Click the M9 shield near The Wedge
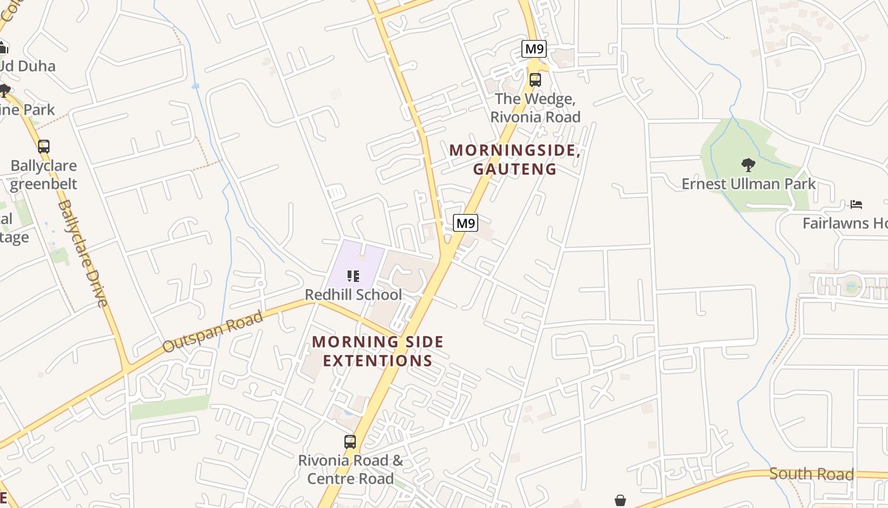[534, 49]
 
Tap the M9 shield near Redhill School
[466, 223]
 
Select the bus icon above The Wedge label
[535, 80]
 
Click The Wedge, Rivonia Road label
[535, 108]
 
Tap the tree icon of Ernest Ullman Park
[748, 165]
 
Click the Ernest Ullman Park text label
[748, 185]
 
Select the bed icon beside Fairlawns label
[856, 204]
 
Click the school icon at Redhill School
[353, 276]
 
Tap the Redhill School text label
[353, 295]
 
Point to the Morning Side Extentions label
[377, 351]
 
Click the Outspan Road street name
[212, 332]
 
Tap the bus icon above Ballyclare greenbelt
[43, 147]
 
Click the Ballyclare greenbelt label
[43, 175]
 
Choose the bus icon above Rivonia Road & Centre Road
[350, 442]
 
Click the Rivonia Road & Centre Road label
[350, 469]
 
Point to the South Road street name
[811, 474]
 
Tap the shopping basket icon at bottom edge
[620, 501]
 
